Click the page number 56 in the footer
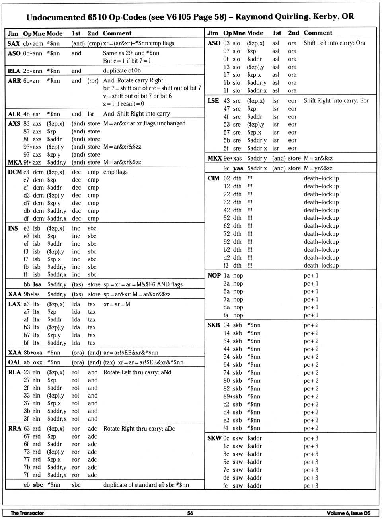(x=190, y=513)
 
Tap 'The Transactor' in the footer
(x=27, y=513)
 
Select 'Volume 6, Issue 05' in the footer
(x=349, y=513)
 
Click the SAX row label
(x=14, y=43)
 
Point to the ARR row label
(x=14, y=81)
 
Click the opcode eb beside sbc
(x=27, y=485)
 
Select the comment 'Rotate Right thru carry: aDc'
(x=139, y=429)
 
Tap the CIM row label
(x=214, y=178)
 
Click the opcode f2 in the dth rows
(x=226, y=266)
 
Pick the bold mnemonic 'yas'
(x=238, y=168)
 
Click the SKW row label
(x=214, y=438)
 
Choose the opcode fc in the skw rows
(x=226, y=486)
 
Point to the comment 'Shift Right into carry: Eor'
(x=336, y=101)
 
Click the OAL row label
(x=15, y=362)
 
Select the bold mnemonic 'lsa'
(x=37, y=284)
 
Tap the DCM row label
(x=15, y=172)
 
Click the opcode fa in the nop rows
(x=226, y=315)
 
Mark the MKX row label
(x=214, y=159)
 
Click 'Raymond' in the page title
(x=253, y=17)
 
